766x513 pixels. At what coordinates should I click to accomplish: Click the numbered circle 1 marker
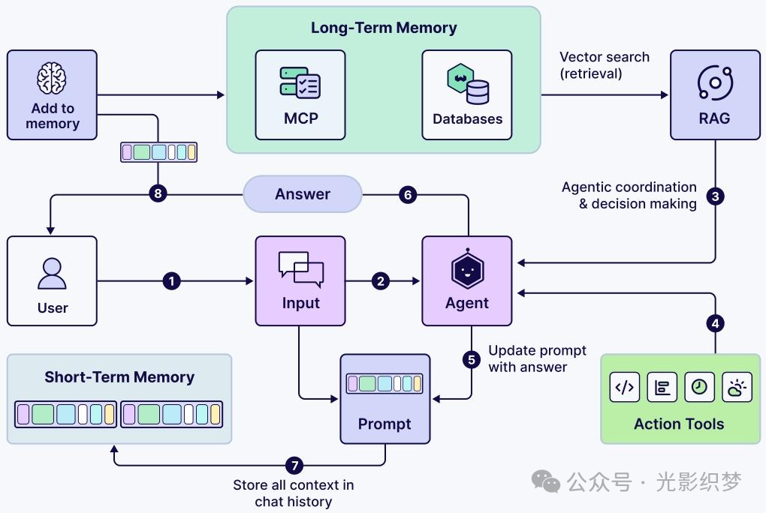pos(172,281)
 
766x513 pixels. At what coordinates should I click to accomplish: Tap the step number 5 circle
pos(472,359)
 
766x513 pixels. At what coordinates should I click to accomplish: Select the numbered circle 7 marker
pos(295,465)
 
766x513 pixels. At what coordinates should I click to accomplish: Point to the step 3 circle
pos(716,196)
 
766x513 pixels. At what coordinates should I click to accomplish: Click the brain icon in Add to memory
pos(53,79)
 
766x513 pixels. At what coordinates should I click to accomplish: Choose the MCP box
pos(300,94)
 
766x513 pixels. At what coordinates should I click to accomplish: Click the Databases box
pos(467,94)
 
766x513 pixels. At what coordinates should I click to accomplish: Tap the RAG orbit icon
pos(714,82)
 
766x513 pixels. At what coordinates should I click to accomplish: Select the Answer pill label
pos(303,194)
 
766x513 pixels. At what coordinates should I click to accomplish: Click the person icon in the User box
pos(53,274)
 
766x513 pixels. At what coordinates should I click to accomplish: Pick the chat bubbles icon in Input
pos(300,268)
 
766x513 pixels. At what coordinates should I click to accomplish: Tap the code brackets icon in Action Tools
pos(624,387)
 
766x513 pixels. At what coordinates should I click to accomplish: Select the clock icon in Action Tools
pos(699,387)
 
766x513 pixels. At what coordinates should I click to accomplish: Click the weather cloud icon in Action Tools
pos(737,387)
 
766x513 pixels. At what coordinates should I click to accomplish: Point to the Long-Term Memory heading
pos(384,28)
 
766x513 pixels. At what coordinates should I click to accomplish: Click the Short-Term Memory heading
pos(119,377)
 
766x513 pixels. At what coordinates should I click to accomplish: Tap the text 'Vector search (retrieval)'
pos(605,65)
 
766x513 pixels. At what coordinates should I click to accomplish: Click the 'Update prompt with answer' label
pos(537,358)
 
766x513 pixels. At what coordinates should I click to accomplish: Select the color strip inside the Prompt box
pos(385,383)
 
